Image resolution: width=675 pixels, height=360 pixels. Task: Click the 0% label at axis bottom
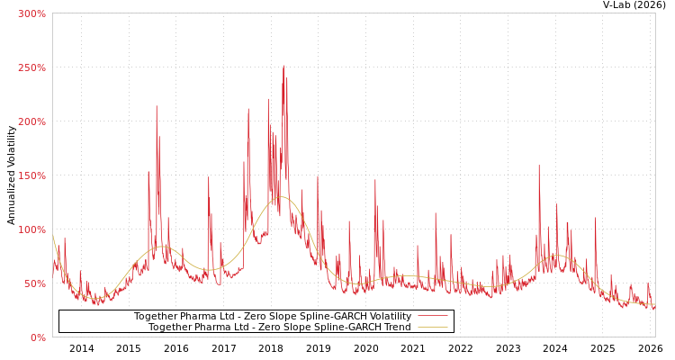37,337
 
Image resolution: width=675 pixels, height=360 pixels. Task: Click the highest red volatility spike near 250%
283,66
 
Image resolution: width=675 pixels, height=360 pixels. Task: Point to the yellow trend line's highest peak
282,196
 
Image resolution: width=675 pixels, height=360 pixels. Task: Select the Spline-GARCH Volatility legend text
273,316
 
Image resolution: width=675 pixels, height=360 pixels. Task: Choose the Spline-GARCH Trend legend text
279,327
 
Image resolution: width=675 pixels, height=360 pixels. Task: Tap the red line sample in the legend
433,316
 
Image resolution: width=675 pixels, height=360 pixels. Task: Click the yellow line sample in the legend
433,327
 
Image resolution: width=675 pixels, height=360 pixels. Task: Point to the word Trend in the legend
396,327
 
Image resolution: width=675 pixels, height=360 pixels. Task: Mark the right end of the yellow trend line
654,305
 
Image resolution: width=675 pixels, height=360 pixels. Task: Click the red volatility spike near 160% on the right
539,166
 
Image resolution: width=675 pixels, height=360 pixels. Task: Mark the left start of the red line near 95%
53,236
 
